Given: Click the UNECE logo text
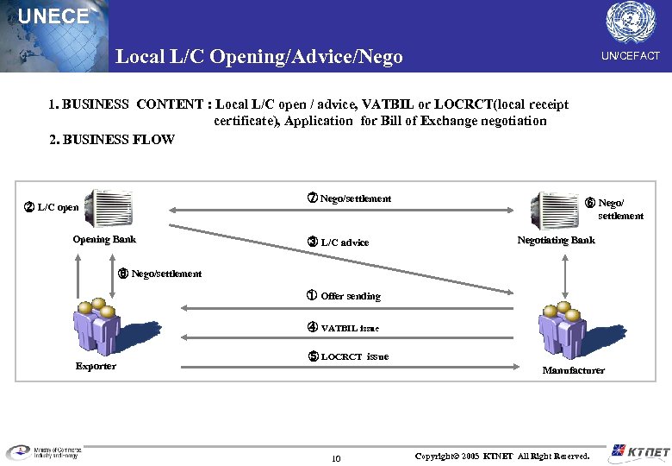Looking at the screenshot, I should point(53,16).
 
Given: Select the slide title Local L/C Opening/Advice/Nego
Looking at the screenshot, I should point(259,57).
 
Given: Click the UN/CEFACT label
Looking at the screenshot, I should point(631,56).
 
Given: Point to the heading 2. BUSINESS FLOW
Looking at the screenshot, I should point(112,139).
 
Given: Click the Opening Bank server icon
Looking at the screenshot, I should point(109,208).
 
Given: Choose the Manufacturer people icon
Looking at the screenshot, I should point(562,331).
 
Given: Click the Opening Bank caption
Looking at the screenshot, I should point(104,240).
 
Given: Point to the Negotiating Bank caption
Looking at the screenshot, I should point(556,240).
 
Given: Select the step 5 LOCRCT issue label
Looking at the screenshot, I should point(348,356).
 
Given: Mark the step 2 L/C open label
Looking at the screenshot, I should point(52,207).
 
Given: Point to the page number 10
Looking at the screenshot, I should point(336,457).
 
